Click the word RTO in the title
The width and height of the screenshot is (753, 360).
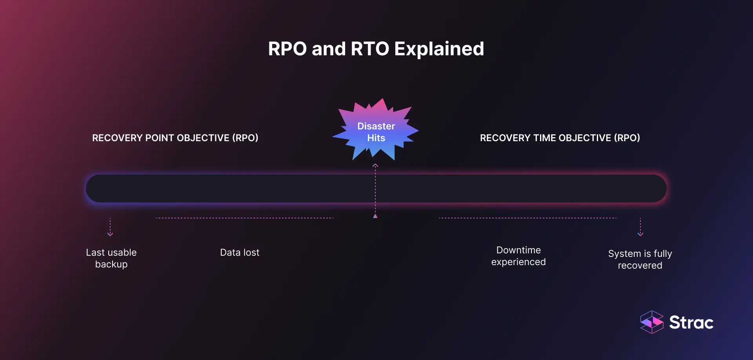click(x=370, y=49)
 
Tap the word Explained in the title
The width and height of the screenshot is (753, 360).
click(x=439, y=49)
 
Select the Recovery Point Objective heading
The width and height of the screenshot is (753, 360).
click(x=175, y=138)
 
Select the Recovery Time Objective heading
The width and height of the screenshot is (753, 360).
click(x=560, y=138)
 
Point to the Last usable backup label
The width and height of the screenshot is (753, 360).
click(x=111, y=258)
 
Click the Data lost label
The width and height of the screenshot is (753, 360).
click(x=240, y=253)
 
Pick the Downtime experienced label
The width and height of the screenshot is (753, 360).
click(x=518, y=256)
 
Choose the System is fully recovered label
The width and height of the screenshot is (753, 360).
click(x=640, y=260)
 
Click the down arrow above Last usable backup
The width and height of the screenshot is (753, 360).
click(x=110, y=233)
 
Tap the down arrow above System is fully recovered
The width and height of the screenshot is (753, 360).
click(x=640, y=233)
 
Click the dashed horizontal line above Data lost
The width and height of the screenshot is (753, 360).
click(x=245, y=218)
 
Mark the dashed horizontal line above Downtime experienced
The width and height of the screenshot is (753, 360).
click(x=527, y=218)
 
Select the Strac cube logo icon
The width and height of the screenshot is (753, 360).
click(x=652, y=322)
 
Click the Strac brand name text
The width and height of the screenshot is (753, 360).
click(x=691, y=323)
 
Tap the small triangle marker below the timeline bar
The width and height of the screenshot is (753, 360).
click(x=375, y=216)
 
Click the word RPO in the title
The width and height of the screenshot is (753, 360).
click(x=287, y=49)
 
